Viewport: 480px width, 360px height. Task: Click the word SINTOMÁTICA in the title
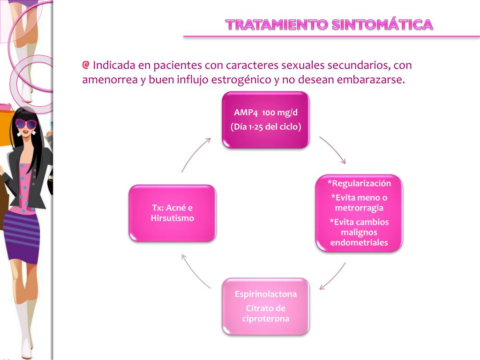click(x=382, y=24)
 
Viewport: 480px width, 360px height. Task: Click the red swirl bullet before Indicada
click(x=86, y=65)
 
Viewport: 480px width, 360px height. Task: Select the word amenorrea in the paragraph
click(x=110, y=80)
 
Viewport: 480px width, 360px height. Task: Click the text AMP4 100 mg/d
click(x=265, y=112)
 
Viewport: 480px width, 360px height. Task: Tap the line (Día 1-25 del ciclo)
click(x=265, y=127)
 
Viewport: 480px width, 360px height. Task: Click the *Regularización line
click(x=359, y=183)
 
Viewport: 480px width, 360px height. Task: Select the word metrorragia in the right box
click(x=359, y=208)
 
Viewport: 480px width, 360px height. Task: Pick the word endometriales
click(x=359, y=242)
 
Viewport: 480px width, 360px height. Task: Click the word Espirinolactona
click(x=266, y=294)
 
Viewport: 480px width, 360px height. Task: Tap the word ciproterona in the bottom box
click(x=266, y=319)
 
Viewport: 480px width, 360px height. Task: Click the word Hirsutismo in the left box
click(x=172, y=218)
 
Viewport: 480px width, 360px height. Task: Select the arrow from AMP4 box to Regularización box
click(x=333, y=150)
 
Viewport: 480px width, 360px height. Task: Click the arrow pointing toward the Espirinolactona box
click(x=332, y=276)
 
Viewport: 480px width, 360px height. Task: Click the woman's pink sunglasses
click(x=25, y=124)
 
